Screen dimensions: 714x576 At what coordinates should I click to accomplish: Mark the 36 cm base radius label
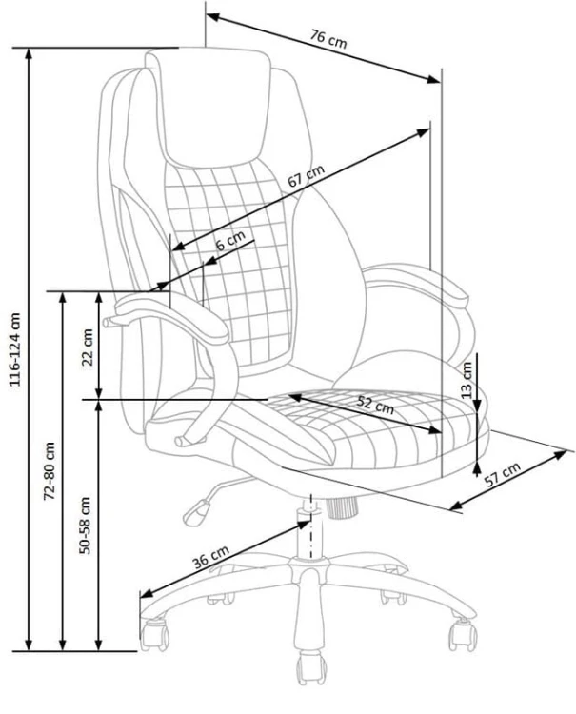click(x=211, y=557)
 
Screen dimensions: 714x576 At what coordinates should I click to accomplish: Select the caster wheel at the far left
click(x=153, y=632)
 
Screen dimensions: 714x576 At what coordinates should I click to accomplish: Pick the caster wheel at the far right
click(x=464, y=630)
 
